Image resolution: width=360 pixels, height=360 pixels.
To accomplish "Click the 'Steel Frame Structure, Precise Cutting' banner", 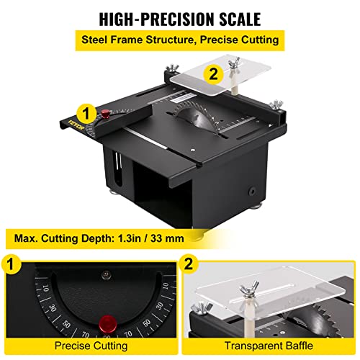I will tap(180, 41).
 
